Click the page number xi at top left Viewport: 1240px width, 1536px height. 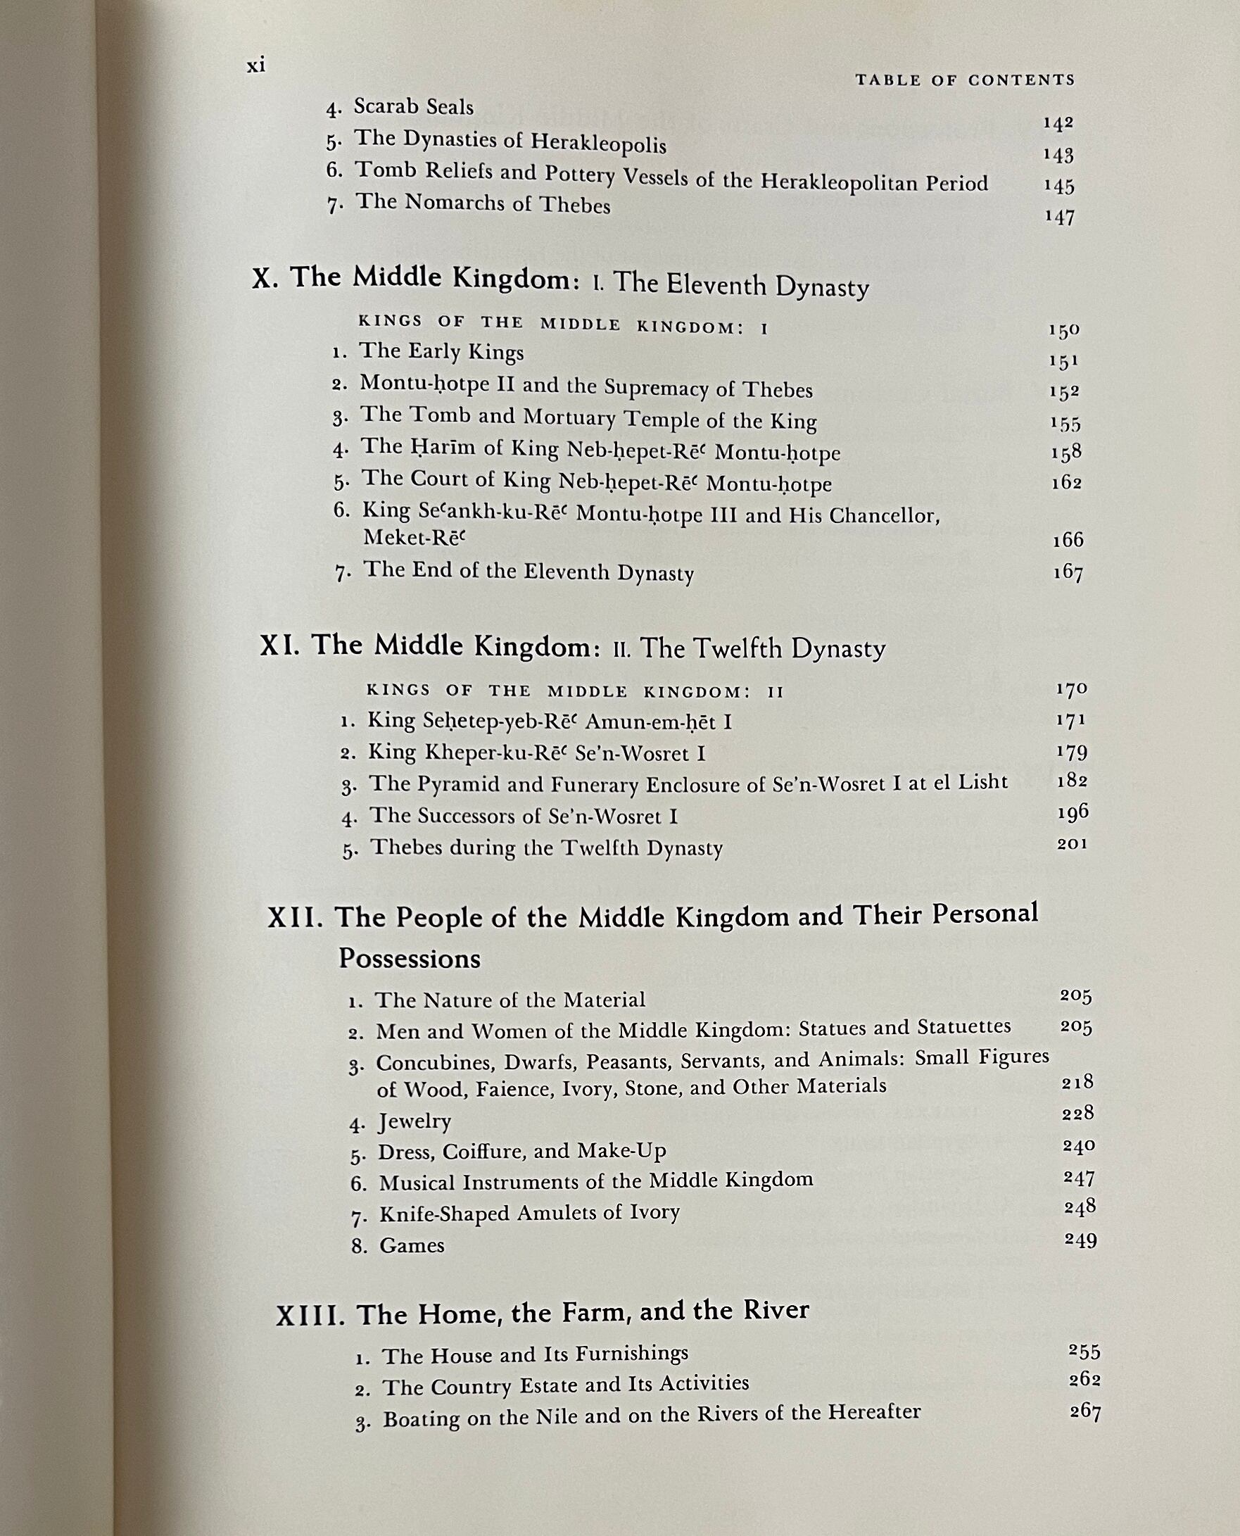tap(255, 65)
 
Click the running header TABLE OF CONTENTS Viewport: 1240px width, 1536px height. tap(965, 80)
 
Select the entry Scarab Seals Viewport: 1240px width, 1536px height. tap(414, 107)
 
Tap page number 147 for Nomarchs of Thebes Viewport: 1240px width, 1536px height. tap(1059, 218)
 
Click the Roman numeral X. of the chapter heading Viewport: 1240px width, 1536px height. tap(265, 277)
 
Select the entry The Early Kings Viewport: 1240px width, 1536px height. tap(441, 351)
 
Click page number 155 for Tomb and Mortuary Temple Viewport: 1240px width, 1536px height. tap(1065, 424)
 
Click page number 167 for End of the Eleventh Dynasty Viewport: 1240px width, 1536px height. tap(1068, 573)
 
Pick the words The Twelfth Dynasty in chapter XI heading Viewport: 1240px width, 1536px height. tap(762, 649)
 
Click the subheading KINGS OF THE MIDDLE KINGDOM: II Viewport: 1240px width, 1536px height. tap(575, 691)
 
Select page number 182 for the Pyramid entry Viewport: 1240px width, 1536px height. tap(1072, 781)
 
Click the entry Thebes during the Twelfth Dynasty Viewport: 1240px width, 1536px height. tap(546, 848)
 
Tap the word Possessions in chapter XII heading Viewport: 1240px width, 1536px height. tap(410, 959)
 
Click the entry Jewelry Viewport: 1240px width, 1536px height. tap(415, 1121)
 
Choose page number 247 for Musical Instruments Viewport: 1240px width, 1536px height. tap(1079, 1178)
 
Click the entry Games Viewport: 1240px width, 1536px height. tap(412, 1245)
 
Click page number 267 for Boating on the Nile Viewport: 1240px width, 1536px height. tap(1085, 1411)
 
